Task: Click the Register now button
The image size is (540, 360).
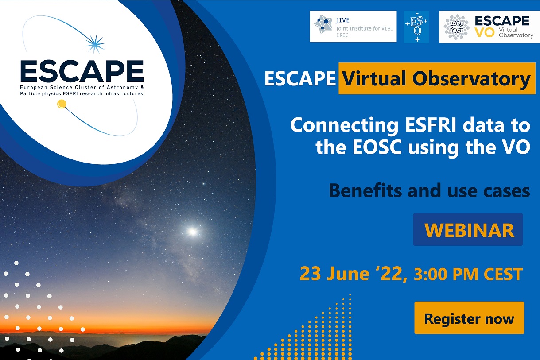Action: (x=469, y=318)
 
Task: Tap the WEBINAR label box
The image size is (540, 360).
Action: (x=468, y=229)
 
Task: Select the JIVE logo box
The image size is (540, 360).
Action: (x=353, y=26)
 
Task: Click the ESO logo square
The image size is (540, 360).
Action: (x=416, y=27)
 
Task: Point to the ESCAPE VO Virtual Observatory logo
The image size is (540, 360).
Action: (x=489, y=27)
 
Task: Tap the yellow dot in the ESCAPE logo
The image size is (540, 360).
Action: (x=62, y=104)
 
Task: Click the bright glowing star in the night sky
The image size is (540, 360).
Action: (x=192, y=232)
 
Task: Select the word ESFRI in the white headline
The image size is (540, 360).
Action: (x=431, y=125)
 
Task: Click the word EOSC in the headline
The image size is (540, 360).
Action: (x=377, y=147)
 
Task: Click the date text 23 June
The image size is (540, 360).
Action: (x=334, y=274)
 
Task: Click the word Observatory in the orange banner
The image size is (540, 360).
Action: (x=471, y=79)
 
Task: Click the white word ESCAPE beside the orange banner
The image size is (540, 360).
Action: (x=300, y=78)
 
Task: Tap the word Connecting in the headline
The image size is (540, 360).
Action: (x=344, y=126)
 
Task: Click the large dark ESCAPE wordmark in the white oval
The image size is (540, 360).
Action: (x=82, y=71)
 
